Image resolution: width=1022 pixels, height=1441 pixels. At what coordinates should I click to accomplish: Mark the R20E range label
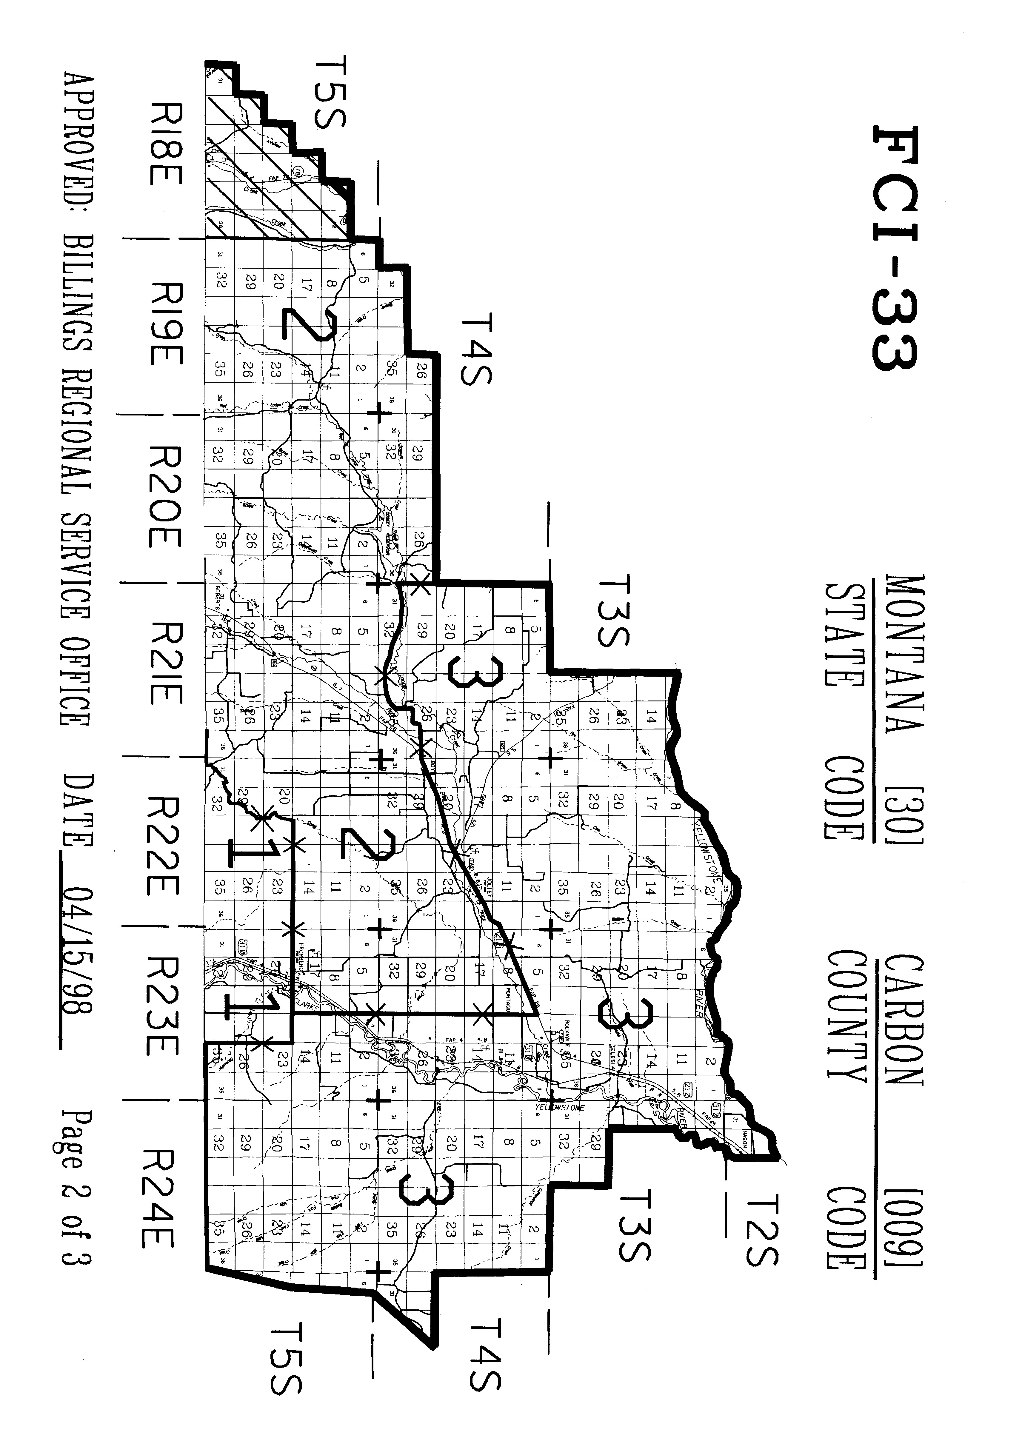[165, 497]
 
